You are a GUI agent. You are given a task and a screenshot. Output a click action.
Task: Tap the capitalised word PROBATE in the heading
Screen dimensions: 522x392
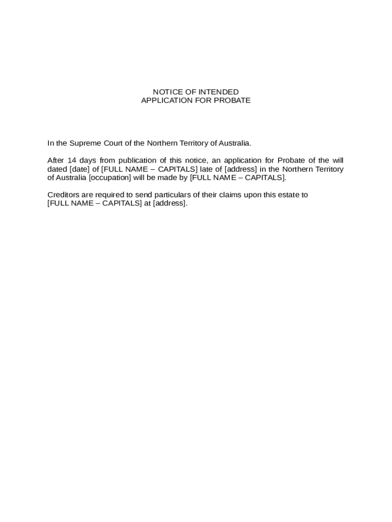click(233, 100)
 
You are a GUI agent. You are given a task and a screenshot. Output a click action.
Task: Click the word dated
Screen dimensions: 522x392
click(57, 169)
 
